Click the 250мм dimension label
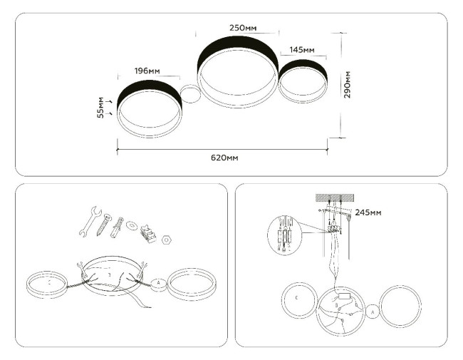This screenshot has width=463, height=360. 242,27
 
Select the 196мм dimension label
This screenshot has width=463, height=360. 147,71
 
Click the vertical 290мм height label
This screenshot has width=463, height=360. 348,85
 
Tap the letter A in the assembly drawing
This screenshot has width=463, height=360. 158,283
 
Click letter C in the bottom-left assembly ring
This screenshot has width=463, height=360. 48,281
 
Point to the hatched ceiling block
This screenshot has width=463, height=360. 335,197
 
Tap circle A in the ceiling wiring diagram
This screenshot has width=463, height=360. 373,311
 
